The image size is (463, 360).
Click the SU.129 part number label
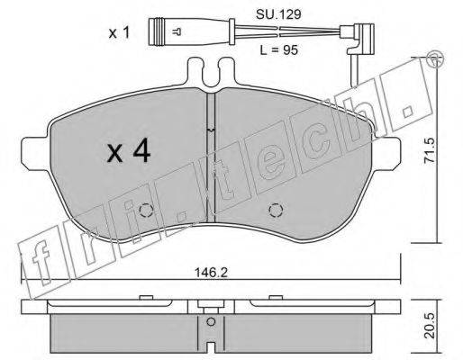[x=278, y=14]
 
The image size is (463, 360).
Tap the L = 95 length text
[x=279, y=50]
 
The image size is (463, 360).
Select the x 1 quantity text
[x=119, y=32]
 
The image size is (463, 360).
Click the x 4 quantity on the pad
[x=129, y=152]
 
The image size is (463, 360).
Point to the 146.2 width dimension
[x=212, y=273]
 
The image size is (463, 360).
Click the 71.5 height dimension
[x=430, y=150]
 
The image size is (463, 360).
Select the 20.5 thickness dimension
[x=430, y=326]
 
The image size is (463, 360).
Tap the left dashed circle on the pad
[x=147, y=211]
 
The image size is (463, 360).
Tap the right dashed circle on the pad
[x=276, y=211]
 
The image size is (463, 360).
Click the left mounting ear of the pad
[x=34, y=153]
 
